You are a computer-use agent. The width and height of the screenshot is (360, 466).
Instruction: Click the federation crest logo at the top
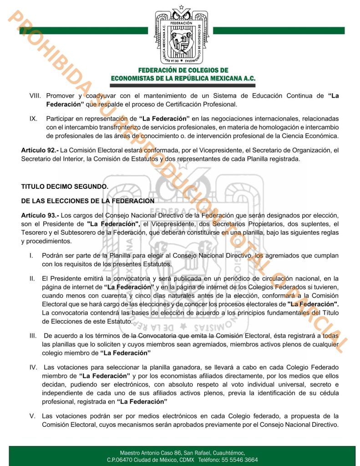[180, 35]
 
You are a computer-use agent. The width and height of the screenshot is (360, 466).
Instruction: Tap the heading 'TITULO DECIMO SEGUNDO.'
[65, 187]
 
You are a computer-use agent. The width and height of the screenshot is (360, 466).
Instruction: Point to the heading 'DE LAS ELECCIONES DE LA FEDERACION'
[87, 201]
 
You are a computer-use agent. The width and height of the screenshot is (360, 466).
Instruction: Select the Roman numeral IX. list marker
[33, 119]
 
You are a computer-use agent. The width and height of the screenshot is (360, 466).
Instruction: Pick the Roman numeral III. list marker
[32, 335]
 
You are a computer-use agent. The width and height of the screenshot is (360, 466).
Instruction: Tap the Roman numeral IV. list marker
[33, 367]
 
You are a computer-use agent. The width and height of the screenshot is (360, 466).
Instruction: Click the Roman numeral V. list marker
[32, 416]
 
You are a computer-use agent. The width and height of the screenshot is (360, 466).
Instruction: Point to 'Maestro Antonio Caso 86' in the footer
[150, 453]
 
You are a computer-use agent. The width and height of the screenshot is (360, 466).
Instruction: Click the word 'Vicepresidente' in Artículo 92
[203, 150]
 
